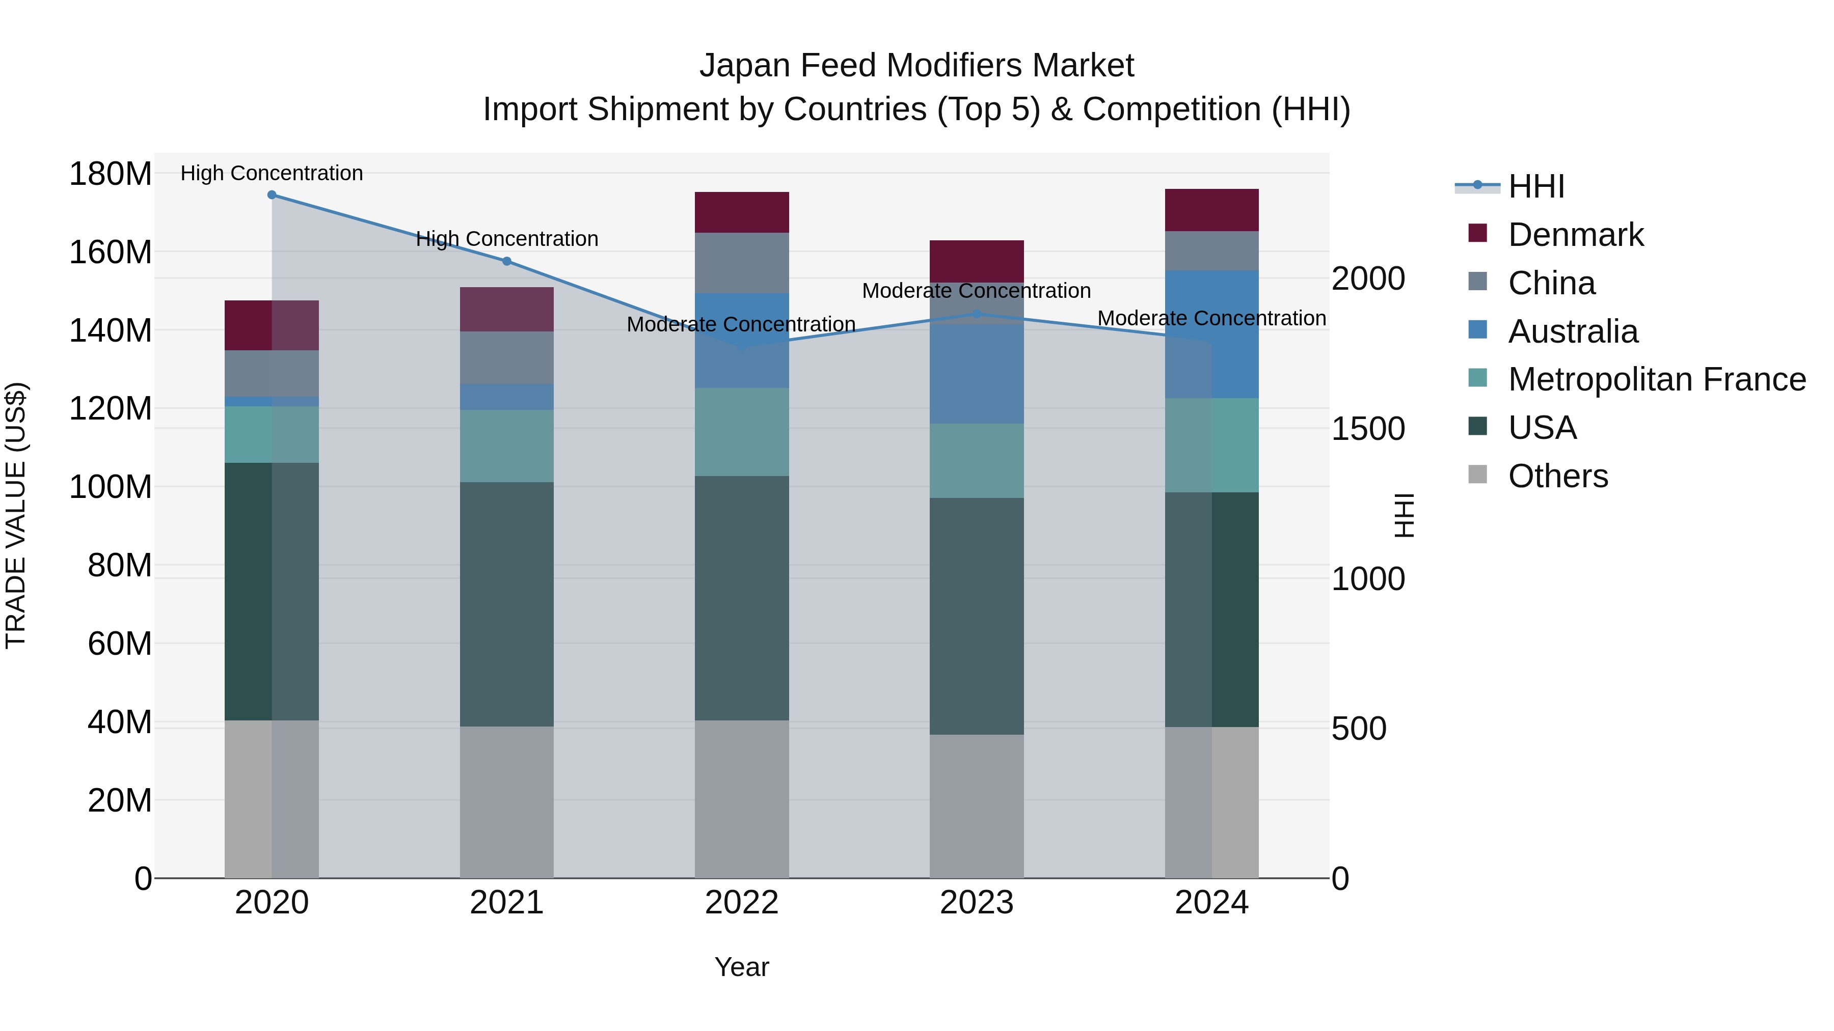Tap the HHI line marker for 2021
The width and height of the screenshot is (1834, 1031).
tap(507, 261)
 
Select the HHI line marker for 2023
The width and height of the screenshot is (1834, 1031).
tap(977, 314)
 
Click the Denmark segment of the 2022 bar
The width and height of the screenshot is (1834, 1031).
tap(741, 212)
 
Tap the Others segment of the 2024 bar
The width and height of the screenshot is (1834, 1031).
tap(1212, 802)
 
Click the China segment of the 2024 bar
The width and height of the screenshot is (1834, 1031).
tap(1212, 250)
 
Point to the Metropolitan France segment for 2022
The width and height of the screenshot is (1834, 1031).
tap(741, 432)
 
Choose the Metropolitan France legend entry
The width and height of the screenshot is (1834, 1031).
tap(1656, 379)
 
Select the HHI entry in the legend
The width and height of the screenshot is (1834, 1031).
tap(1535, 186)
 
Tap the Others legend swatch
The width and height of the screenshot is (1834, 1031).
tap(1477, 475)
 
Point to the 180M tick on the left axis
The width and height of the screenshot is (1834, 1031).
tap(111, 174)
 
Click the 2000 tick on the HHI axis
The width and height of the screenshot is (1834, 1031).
tap(1368, 279)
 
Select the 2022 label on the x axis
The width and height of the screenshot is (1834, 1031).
tap(741, 903)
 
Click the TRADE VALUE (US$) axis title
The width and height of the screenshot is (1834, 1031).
tap(16, 515)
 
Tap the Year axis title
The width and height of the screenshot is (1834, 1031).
tap(741, 967)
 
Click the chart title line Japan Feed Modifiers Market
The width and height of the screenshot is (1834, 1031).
tap(916, 66)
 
